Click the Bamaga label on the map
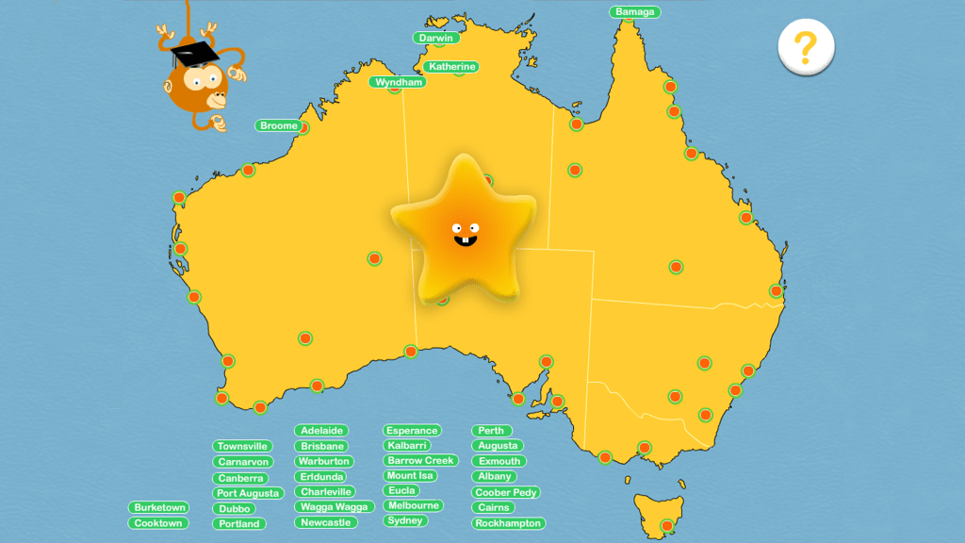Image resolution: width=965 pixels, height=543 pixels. click(x=634, y=12)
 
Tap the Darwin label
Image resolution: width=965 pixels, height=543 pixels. click(x=435, y=38)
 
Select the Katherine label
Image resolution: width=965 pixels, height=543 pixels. click(x=451, y=67)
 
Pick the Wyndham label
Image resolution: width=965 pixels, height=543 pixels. click(x=397, y=82)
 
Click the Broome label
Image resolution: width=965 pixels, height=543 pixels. click(x=279, y=125)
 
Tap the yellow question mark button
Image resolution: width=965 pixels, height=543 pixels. click(x=805, y=46)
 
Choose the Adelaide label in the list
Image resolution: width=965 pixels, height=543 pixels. click(x=321, y=431)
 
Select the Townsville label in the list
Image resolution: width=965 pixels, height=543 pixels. click(x=242, y=446)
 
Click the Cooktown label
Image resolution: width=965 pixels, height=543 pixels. click(x=158, y=523)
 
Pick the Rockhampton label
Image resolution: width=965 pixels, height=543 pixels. click(x=508, y=523)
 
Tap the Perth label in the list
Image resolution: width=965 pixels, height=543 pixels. click(x=491, y=431)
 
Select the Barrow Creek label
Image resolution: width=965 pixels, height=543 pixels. click(x=420, y=461)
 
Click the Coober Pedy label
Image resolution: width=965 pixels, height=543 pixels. click(x=506, y=492)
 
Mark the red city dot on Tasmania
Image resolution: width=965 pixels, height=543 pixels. click(x=667, y=525)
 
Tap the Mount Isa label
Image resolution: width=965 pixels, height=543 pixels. click(x=409, y=476)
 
